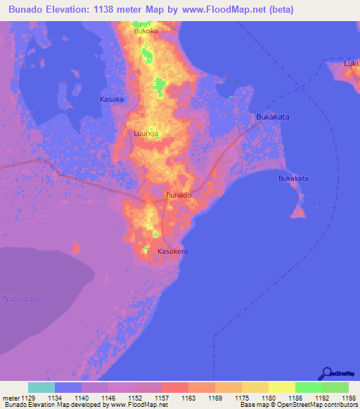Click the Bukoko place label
tap(146, 32)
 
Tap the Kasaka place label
tap(112, 99)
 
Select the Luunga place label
tap(146, 133)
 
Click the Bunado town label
tap(178, 195)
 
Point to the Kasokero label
tap(172, 251)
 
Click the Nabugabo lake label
tap(22, 299)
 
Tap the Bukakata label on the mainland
tap(274, 117)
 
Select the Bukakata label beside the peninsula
tap(293, 178)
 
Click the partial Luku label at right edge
tap(352, 63)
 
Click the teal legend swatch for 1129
tap(41, 387)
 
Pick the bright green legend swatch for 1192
tap(308, 387)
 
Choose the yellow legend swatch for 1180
tap(255, 387)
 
